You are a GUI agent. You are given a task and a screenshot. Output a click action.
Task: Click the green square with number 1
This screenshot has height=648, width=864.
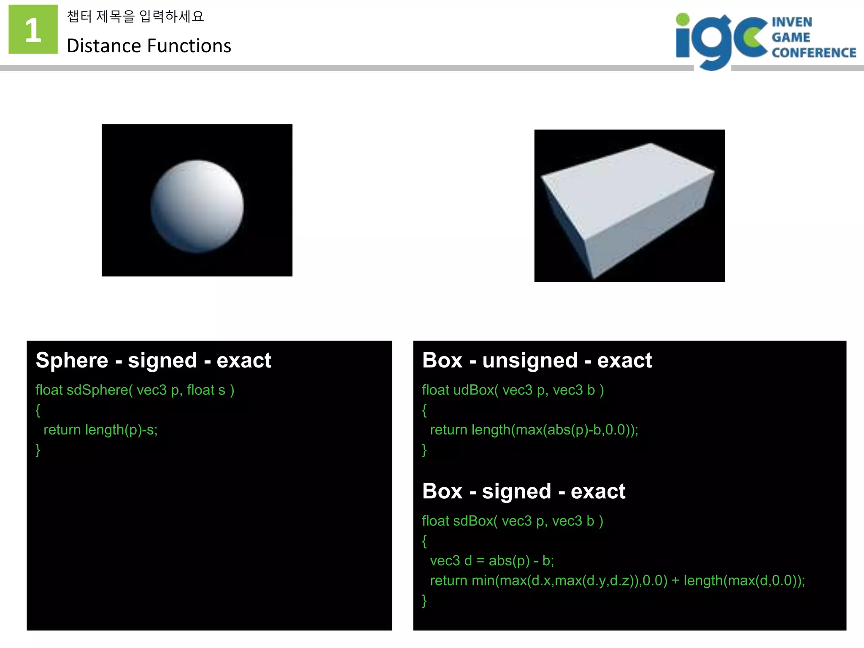[x=33, y=29]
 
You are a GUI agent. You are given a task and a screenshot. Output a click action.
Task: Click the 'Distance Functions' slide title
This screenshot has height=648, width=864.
[x=148, y=46]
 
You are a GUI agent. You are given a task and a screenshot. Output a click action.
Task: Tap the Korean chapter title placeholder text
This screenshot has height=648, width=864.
[x=135, y=16]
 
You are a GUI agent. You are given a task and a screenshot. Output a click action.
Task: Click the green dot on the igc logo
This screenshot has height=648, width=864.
[x=682, y=19]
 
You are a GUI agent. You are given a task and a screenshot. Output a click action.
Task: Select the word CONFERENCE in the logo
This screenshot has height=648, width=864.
[x=814, y=53]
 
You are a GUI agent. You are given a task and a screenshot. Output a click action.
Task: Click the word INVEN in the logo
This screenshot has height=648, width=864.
[x=792, y=22]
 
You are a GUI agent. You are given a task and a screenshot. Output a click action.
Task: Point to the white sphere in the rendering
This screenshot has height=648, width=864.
[x=197, y=206]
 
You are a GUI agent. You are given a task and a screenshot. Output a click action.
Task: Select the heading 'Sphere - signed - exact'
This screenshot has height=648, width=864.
[x=154, y=360]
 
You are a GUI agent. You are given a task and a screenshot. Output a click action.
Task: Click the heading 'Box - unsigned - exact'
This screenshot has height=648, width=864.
[x=537, y=360]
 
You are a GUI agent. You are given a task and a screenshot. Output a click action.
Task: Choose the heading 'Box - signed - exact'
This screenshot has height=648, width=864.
[x=524, y=491]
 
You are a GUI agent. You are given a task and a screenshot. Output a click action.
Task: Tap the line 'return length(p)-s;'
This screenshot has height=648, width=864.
[x=100, y=429]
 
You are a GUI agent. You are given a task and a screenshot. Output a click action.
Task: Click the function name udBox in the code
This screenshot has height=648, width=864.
[x=473, y=390]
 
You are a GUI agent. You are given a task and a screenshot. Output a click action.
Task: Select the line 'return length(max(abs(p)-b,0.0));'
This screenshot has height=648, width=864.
[x=534, y=429]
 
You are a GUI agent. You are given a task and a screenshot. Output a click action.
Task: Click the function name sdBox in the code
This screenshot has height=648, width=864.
[x=473, y=521]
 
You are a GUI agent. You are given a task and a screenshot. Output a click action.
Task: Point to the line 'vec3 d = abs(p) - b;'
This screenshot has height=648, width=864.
[x=491, y=561]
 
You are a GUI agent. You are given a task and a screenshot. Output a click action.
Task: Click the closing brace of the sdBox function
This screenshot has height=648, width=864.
[x=424, y=600]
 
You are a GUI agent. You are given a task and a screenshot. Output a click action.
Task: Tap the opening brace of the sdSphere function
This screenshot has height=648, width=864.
[x=38, y=410]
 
